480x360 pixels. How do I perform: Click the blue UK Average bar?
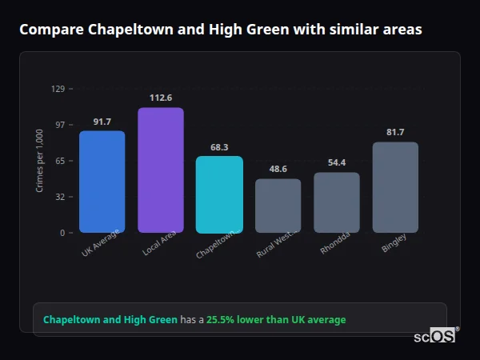102,182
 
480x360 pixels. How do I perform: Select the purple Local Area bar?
160,170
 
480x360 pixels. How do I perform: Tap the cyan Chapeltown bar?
219,194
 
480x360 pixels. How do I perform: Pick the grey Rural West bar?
278,206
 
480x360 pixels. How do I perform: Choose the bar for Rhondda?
336,202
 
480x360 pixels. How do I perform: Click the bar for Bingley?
395,187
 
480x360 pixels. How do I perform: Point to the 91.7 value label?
102,122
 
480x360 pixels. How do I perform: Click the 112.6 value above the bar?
160,98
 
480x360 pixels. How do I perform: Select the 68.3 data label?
219,147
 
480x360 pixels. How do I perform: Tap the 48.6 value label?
278,170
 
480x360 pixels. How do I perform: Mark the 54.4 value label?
336,163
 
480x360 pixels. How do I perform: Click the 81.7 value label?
395,132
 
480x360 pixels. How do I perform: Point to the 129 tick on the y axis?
58,89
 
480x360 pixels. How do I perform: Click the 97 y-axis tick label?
59,125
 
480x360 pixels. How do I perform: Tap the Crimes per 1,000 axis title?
39,160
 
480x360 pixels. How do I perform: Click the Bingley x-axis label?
394,242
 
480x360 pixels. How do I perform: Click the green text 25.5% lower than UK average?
276,320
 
